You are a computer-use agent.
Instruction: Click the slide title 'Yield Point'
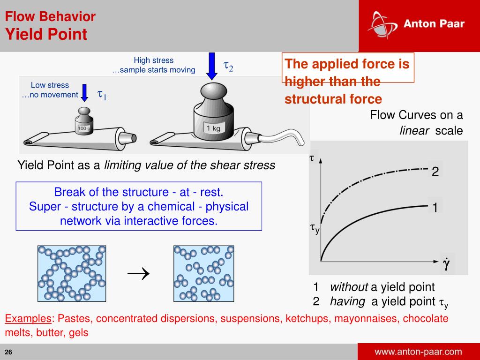[46, 34]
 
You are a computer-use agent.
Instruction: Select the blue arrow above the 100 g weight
[84, 92]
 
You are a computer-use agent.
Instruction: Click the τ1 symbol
[102, 95]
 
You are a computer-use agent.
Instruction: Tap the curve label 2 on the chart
[435, 172]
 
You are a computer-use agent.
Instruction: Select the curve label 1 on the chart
[435, 207]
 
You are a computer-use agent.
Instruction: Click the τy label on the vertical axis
[315, 229]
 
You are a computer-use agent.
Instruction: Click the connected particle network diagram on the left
[71, 273]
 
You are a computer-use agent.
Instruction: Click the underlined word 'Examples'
[28, 319]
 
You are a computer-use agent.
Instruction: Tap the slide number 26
[8, 352]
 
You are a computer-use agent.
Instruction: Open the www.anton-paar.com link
[418, 352]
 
